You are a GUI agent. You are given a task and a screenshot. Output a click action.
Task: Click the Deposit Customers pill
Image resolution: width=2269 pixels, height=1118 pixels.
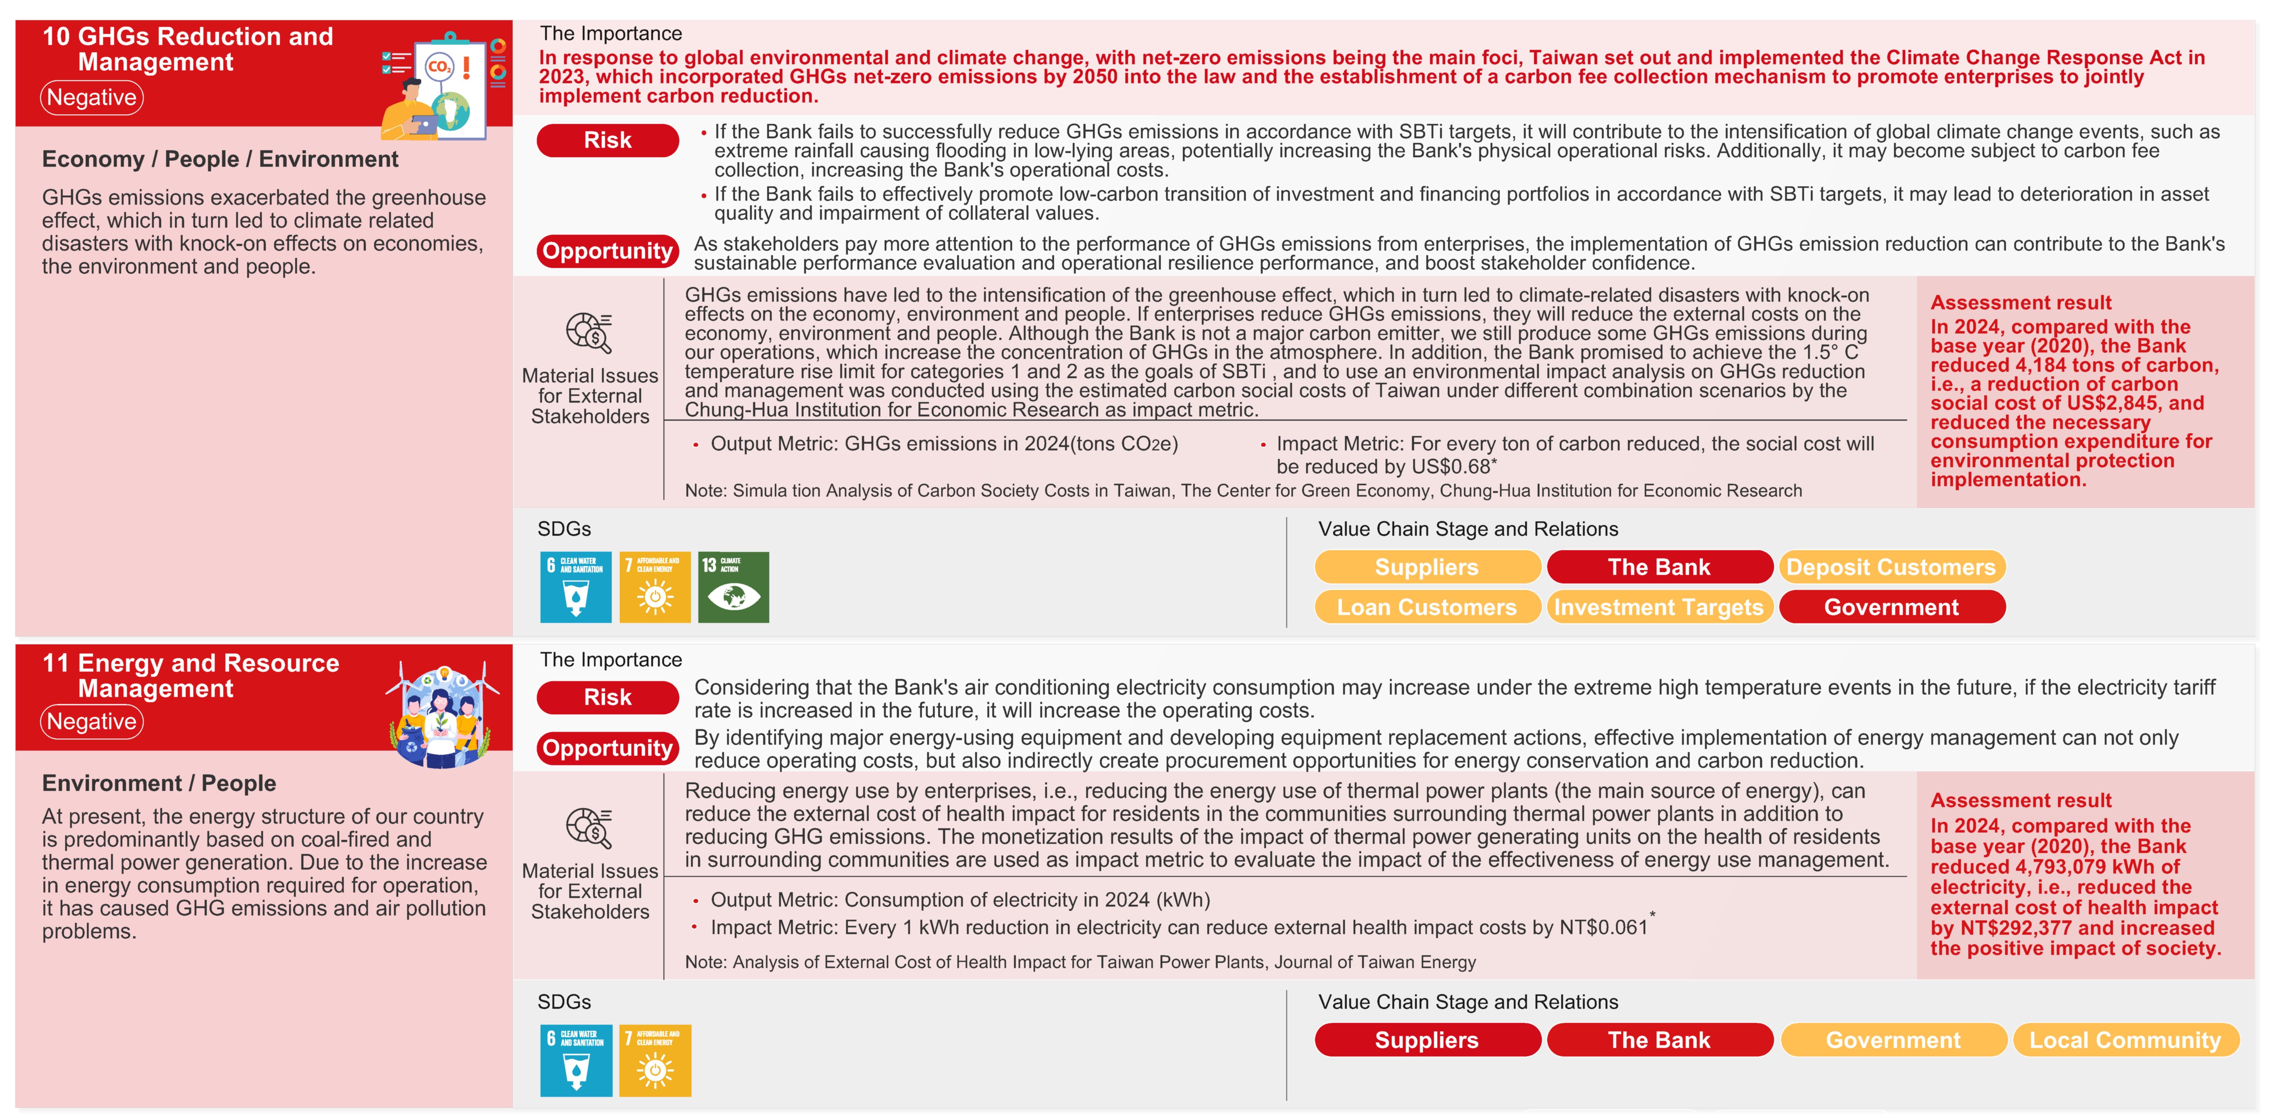[x=1891, y=567]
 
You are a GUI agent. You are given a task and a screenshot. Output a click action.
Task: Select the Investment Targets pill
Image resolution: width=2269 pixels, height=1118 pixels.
[x=1658, y=607]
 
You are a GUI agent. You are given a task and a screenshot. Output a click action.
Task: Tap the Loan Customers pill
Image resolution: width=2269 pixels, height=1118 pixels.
[x=1427, y=607]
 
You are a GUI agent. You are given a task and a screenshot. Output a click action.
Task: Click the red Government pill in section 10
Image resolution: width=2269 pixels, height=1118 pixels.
[x=1891, y=607]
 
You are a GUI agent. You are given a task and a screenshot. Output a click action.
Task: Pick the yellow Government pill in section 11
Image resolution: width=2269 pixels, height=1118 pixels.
[x=1893, y=1041]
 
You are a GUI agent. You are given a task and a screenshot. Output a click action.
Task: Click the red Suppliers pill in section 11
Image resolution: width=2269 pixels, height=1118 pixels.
[x=1427, y=1041]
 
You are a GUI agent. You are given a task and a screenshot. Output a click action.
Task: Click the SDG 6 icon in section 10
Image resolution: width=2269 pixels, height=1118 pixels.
[x=575, y=588]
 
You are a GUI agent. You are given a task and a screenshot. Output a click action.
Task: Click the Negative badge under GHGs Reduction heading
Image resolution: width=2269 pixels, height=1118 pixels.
[x=91, y=98]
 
